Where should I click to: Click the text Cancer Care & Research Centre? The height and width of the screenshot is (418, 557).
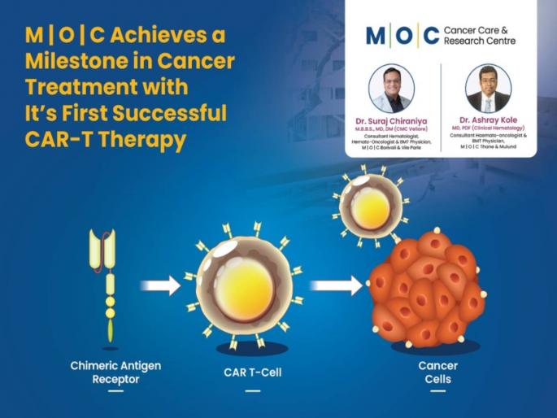pyautogui.click(x=479, y=35)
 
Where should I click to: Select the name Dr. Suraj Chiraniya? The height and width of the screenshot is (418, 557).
pyautogui.click(x=390, y=120)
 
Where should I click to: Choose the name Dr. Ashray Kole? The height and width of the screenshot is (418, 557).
pyautogui.click(x=488, y=120)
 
